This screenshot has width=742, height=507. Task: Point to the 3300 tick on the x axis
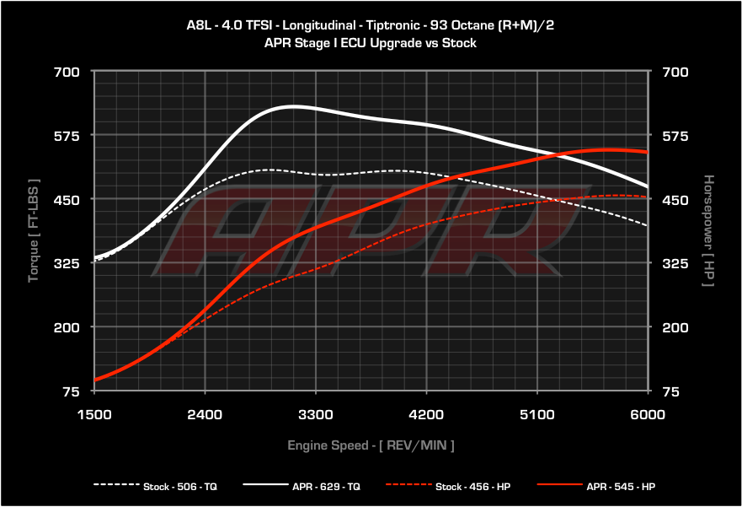pyautogui.click(x=315, y=414)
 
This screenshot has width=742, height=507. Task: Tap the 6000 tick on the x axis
pyautogui.click(x=648, y=414)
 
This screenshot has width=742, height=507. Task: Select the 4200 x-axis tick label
pyautogui.click(x=426, y=414)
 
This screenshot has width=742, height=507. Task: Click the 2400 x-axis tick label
pyautogui.click(x=205, y=414)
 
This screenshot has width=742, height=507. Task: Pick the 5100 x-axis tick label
pyautogui.click(x=537, y=414)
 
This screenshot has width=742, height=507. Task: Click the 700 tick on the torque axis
pyautogui.click(x=67, y=72)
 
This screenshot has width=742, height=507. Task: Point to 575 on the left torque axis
pyautogui.click(x=67, y=136)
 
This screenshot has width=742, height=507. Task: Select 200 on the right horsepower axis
pyautogui.click(x=676, y=327)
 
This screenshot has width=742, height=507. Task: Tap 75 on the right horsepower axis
pyautogui.click(x=672, y=391)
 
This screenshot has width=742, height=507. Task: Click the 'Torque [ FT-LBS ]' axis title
pyautogui.click(x=34, y=230)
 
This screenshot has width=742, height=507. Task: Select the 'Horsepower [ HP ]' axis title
pyautogui.click(x=708, y=230)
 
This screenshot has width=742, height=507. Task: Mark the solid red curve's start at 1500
pyautogui.click(x=95, y=380)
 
